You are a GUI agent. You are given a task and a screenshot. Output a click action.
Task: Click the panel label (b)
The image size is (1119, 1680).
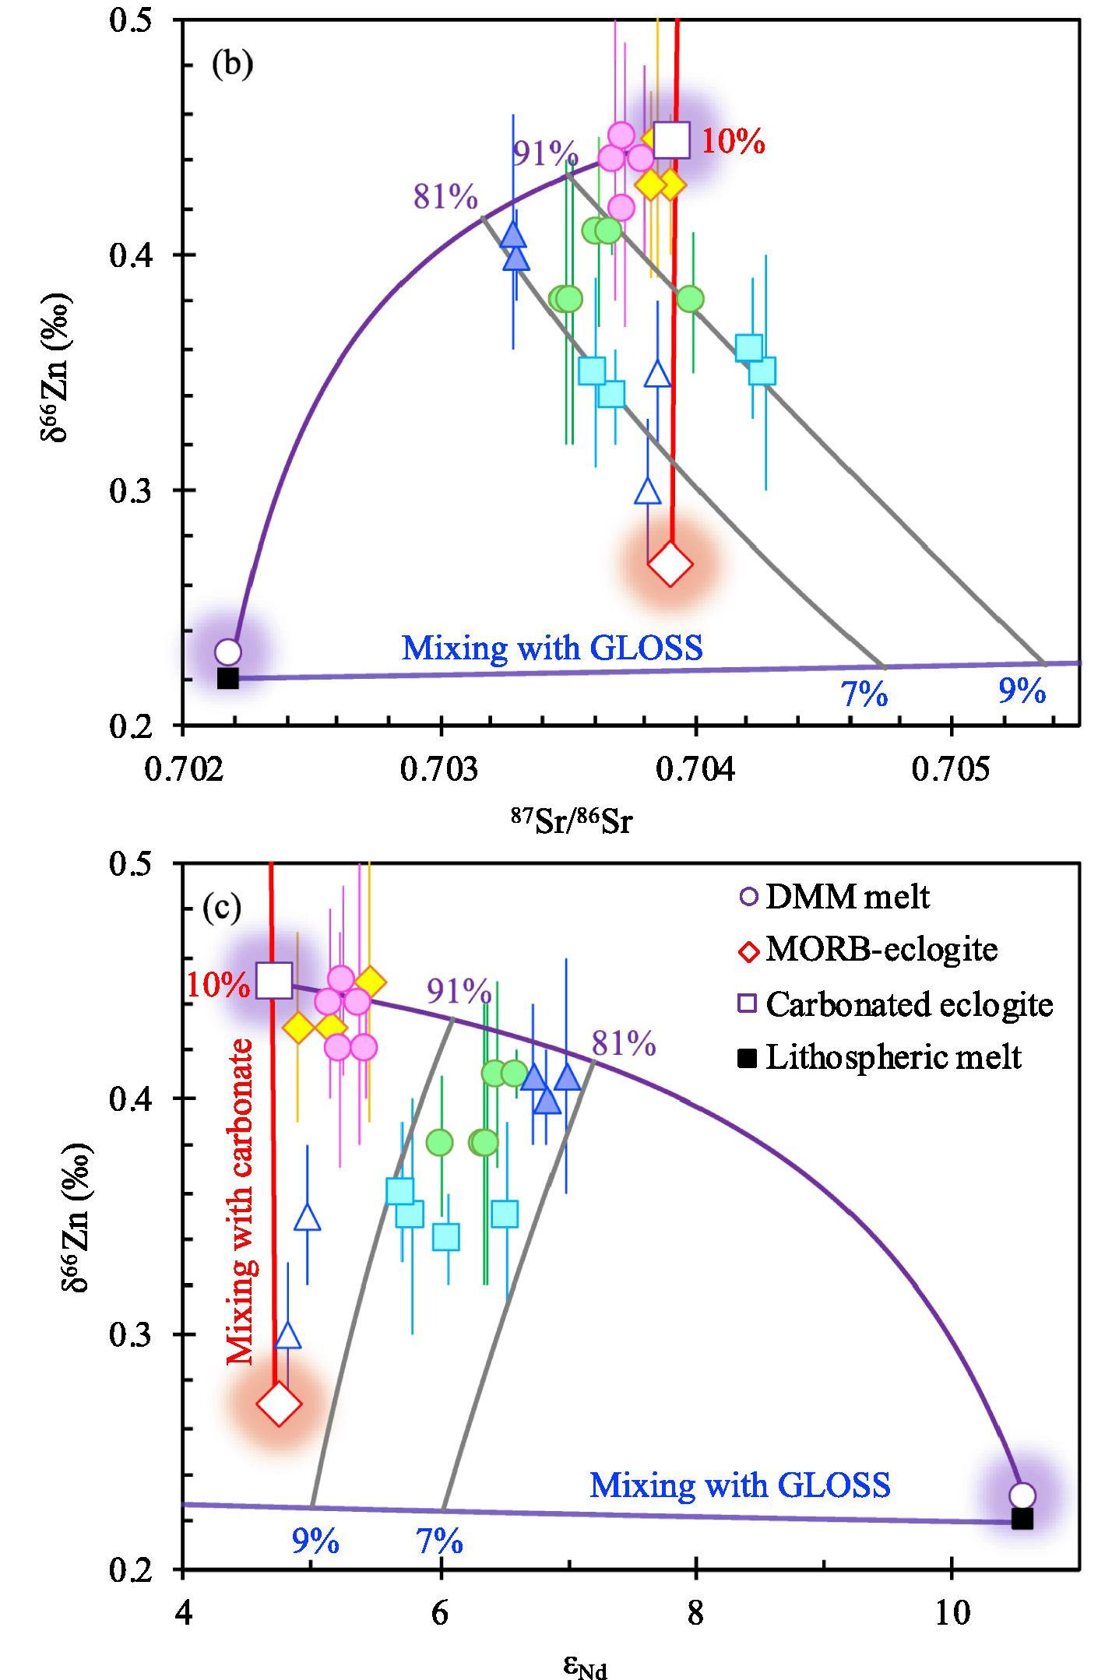pyautogui.click(x=232, y=64)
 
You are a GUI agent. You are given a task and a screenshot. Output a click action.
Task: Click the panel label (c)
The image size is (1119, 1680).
pyautogui.click(x=221, y=907)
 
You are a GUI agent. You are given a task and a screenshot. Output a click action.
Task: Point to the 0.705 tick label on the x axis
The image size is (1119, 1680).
pyautogui.click(x=950, y=769)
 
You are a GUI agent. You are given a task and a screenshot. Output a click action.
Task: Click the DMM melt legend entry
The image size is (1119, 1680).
pyautogui.click(x=834, y=897)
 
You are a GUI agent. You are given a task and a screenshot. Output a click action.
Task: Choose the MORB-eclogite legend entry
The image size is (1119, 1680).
pyautogui.click(x=868, y=950)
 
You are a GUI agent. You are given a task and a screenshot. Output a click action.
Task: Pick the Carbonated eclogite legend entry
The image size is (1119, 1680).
pyautogui.click(x=896, y=1003)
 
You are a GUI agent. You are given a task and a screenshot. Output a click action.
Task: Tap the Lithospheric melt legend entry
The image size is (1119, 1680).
pyautogui.click(x=880, y=1057)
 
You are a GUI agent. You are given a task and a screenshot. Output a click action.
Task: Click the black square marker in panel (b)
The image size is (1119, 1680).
pyautogui.click(x=227, y=678)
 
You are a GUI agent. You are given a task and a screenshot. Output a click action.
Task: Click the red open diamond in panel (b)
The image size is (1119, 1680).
pyautogui.click(x=670, y=564)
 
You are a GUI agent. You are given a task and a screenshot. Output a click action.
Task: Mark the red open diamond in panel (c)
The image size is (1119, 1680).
pyautogui.click(x=279, y=1404)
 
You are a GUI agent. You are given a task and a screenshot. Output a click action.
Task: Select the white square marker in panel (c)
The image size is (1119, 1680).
pyautogui.click(x=274, y=980)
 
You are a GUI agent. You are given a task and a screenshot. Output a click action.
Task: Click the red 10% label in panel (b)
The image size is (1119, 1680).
pyautogui.click(x=733, y=142)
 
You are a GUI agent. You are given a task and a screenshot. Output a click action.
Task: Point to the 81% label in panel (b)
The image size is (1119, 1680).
pyautogui.click(x=445, y=197)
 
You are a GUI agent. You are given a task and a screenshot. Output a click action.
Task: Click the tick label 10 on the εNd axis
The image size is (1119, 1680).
pyautogui.click(x=952, y=1614)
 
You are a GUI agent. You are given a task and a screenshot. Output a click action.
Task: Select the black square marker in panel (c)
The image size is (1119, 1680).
pyautogui.click(x=1022, y=1519)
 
